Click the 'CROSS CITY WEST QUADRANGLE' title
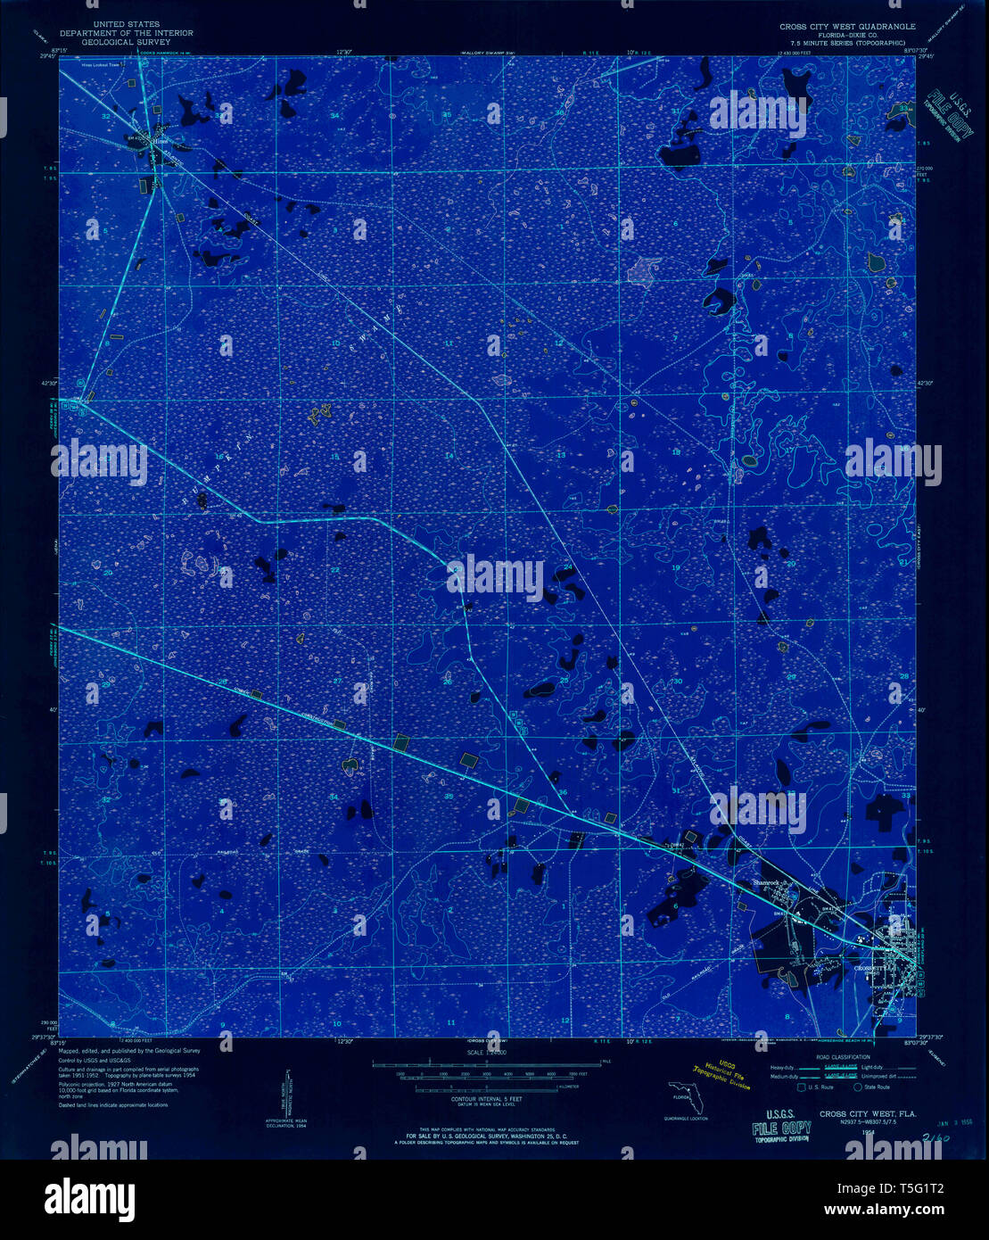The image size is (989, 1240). (x=846, y=27)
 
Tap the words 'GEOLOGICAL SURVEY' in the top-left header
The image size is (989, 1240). (x=126, y=41)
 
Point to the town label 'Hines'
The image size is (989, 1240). (x=160, y=140)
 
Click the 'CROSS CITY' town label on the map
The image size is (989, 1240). (x=872, y=968)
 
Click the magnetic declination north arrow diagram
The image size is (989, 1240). (x=287, y=1094)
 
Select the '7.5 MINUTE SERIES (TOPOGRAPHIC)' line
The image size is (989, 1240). (x=845, y=42)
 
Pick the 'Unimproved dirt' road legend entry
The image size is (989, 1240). (x=894, y=1077)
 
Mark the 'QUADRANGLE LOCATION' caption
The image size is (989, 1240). (x=686, y=1118)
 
